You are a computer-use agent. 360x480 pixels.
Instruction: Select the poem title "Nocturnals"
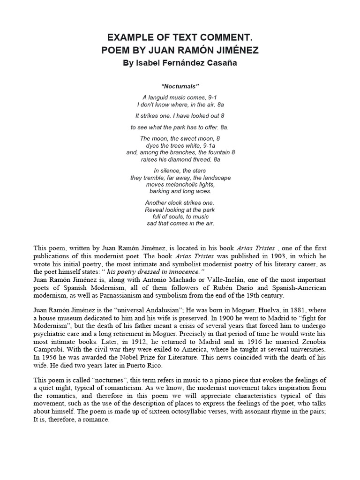click(x=180, y=86)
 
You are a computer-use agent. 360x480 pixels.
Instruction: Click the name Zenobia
click(x=310, y=342)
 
